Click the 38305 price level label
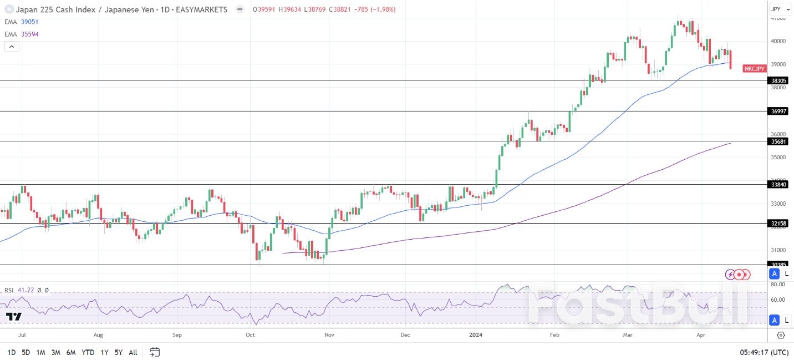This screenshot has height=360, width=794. [x=779, y=80]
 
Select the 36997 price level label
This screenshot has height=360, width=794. [x=779, y=111]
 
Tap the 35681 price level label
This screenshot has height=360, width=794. [x=779, y=141]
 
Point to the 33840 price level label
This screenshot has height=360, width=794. [x=779, y=184]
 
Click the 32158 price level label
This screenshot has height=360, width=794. [x=779, y=224]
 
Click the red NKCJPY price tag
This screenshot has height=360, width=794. [x=755, y=68]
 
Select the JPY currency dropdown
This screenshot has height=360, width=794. [x=779, y=9]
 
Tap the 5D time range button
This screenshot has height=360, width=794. [x=26, y=352]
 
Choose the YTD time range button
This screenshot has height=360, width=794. [x=88, y=352]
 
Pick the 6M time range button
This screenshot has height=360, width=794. [x=70, y=352]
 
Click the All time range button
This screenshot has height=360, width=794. [x=133, y=352]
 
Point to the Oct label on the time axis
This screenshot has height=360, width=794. [x=250, y=335]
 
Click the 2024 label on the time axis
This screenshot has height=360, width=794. [x=476, y=335]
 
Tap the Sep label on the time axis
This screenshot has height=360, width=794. [x=177, y=335]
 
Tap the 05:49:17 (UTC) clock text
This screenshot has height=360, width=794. [x=763, y=352]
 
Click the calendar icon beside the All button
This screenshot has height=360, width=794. [x=155, y=352]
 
